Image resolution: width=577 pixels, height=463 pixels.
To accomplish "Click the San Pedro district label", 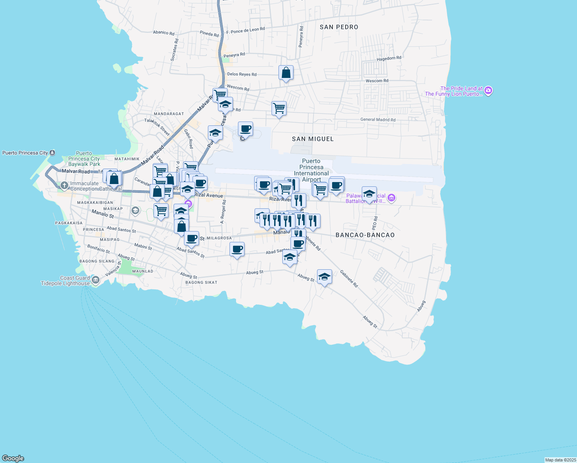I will (339, 27).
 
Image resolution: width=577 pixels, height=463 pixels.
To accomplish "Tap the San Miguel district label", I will (312, 139).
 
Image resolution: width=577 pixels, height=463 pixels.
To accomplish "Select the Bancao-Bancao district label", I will (365, 235).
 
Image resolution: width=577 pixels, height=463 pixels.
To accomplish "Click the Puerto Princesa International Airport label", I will (311, 170).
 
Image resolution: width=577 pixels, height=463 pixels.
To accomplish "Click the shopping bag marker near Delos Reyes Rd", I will (286, 73).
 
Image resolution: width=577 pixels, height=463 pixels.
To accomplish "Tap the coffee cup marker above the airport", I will (245, 129).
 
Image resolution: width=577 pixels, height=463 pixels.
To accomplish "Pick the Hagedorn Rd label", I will (389, 58).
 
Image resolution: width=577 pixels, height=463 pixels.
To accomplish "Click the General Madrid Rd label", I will (378, 120).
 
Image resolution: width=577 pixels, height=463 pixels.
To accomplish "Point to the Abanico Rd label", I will (164, 32).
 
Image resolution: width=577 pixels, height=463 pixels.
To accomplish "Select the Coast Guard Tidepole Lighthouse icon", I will (96, 281).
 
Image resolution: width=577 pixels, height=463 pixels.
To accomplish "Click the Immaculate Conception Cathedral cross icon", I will (64, 186).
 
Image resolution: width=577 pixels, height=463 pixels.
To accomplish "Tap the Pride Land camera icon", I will (488, 91).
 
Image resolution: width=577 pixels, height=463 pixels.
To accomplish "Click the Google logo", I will (13, 458).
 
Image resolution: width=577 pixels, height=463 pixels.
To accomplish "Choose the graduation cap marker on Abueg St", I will (324, 277).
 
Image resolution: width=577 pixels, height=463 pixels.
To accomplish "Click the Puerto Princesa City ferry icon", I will (52, 153).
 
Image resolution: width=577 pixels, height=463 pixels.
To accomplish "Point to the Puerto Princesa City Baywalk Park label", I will (84, 159).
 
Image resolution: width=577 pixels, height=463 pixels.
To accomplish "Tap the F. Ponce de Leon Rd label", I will (245, 30).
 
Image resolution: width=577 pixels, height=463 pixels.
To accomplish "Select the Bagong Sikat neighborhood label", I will (201, 282).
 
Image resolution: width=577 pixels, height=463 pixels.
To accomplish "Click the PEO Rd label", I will (375, 223).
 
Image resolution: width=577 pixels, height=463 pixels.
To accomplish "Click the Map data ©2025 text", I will (560, 460).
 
